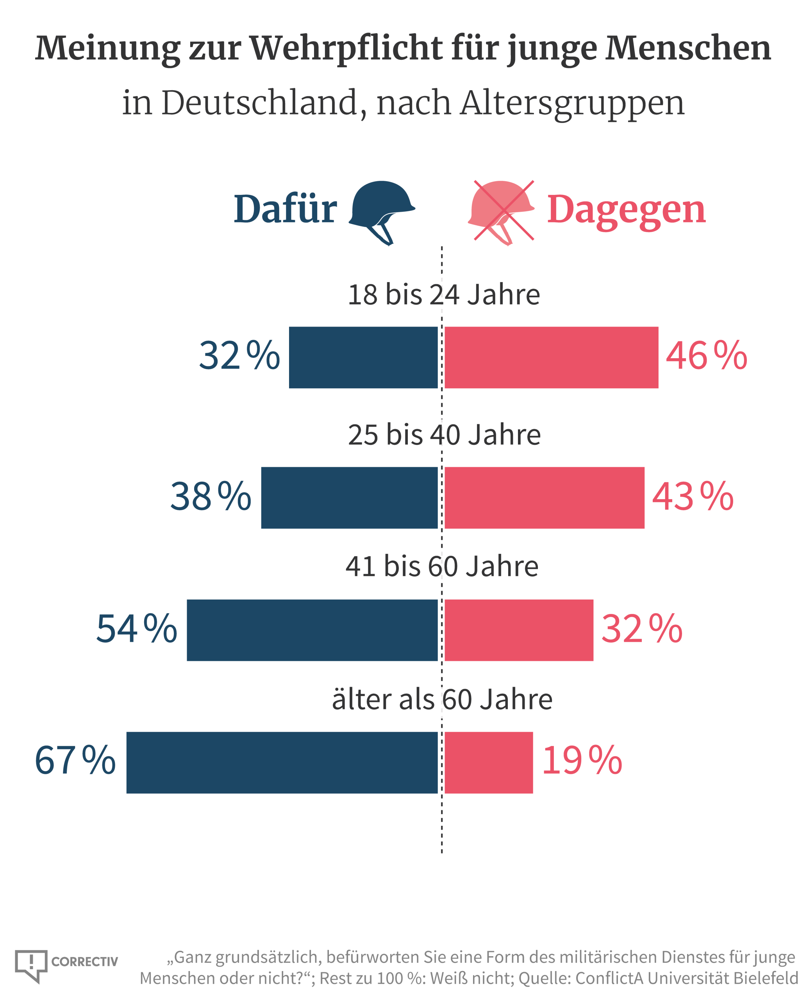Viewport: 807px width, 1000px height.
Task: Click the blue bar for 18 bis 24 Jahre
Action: pos(363,357)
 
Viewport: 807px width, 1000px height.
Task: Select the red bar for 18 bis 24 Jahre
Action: pos(551,357)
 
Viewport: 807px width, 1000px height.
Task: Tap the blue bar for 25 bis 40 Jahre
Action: pos(349,498)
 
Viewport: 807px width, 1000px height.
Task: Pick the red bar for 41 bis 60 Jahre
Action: pos(519,630)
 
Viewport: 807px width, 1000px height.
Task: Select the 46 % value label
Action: pos(706,356)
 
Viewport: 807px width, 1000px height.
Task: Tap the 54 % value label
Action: pos(137,629)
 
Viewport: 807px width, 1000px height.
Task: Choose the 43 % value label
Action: pos(693,497)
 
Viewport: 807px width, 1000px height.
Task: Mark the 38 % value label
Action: pos(211,497)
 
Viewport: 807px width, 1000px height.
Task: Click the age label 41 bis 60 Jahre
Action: pos(442,567)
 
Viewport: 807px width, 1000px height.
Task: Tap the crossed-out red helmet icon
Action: pos(502,210)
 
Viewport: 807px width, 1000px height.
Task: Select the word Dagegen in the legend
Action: pos(626,210)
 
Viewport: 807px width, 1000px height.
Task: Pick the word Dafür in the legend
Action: pos(285,209)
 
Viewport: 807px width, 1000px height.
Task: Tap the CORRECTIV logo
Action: pos(66,961)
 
